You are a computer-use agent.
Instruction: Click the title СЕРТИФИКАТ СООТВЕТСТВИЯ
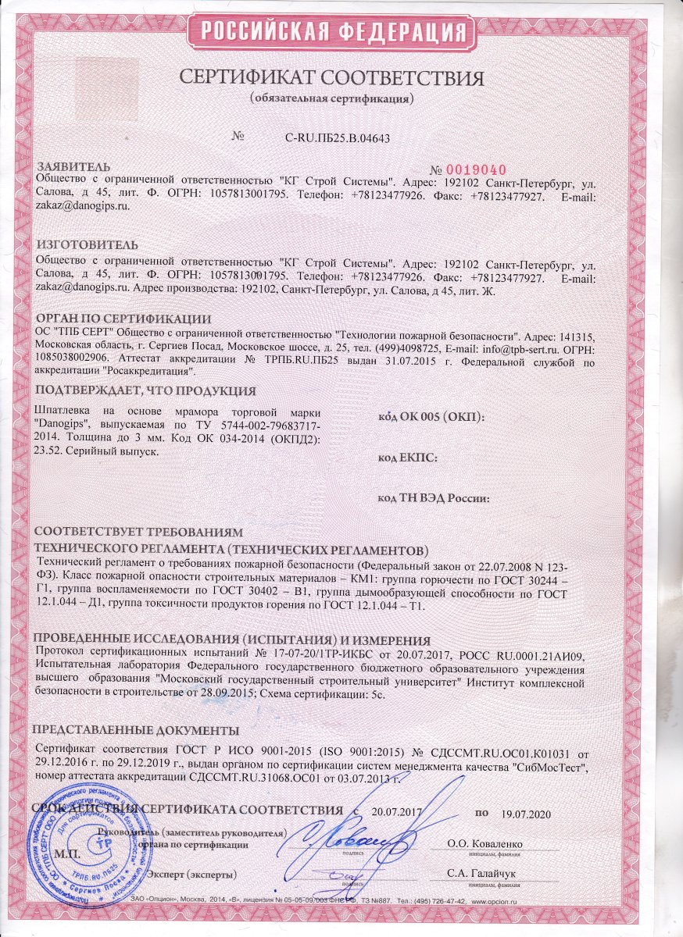tap(332, 79)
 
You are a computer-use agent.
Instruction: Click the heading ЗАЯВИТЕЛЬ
tap(74, 167)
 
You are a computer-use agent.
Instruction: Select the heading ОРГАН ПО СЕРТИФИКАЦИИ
tap(124, 319)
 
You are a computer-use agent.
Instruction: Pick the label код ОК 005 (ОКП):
tap(431, 417)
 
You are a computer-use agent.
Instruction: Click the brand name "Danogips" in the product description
tap(66, 424)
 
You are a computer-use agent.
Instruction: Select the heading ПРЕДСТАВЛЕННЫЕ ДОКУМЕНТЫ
tap(135, 731)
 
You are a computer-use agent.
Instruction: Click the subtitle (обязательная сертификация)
tap(331, 101)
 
